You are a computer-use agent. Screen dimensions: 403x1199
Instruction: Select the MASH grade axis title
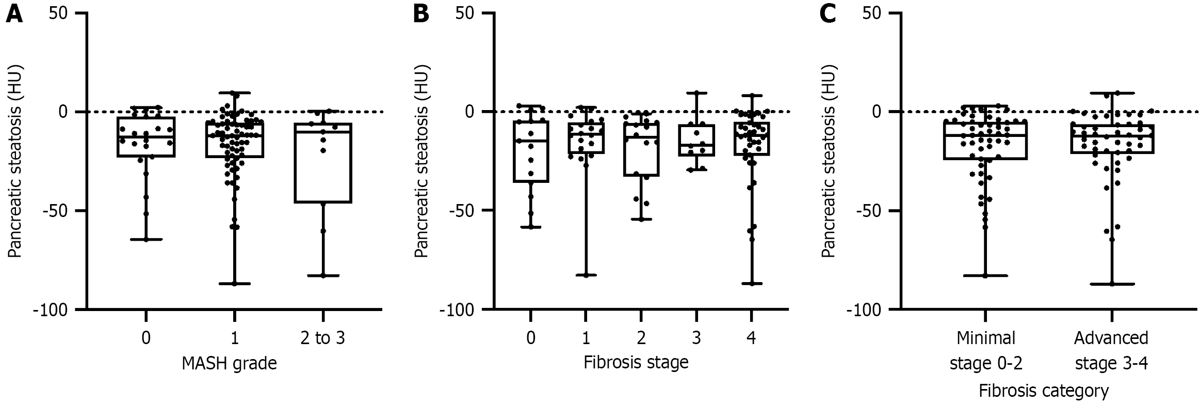pos(230,364)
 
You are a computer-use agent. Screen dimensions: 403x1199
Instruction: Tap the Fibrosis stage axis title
pos(636,362)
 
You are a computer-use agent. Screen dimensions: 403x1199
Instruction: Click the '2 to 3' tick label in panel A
pos(322,338)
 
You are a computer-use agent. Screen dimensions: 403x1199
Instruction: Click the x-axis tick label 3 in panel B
pos(696,338)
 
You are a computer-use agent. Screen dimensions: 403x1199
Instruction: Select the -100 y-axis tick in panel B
pos(460,309)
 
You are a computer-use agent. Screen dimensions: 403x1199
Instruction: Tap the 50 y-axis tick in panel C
pos(875,13)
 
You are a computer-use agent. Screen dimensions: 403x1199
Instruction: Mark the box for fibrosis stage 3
pos(696,140)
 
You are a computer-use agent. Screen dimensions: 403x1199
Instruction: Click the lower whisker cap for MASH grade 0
pos(146,240)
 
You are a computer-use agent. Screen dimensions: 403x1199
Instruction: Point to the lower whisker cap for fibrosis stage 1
pos(586,275)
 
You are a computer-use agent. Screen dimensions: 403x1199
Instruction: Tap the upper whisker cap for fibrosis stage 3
pos(696,92)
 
